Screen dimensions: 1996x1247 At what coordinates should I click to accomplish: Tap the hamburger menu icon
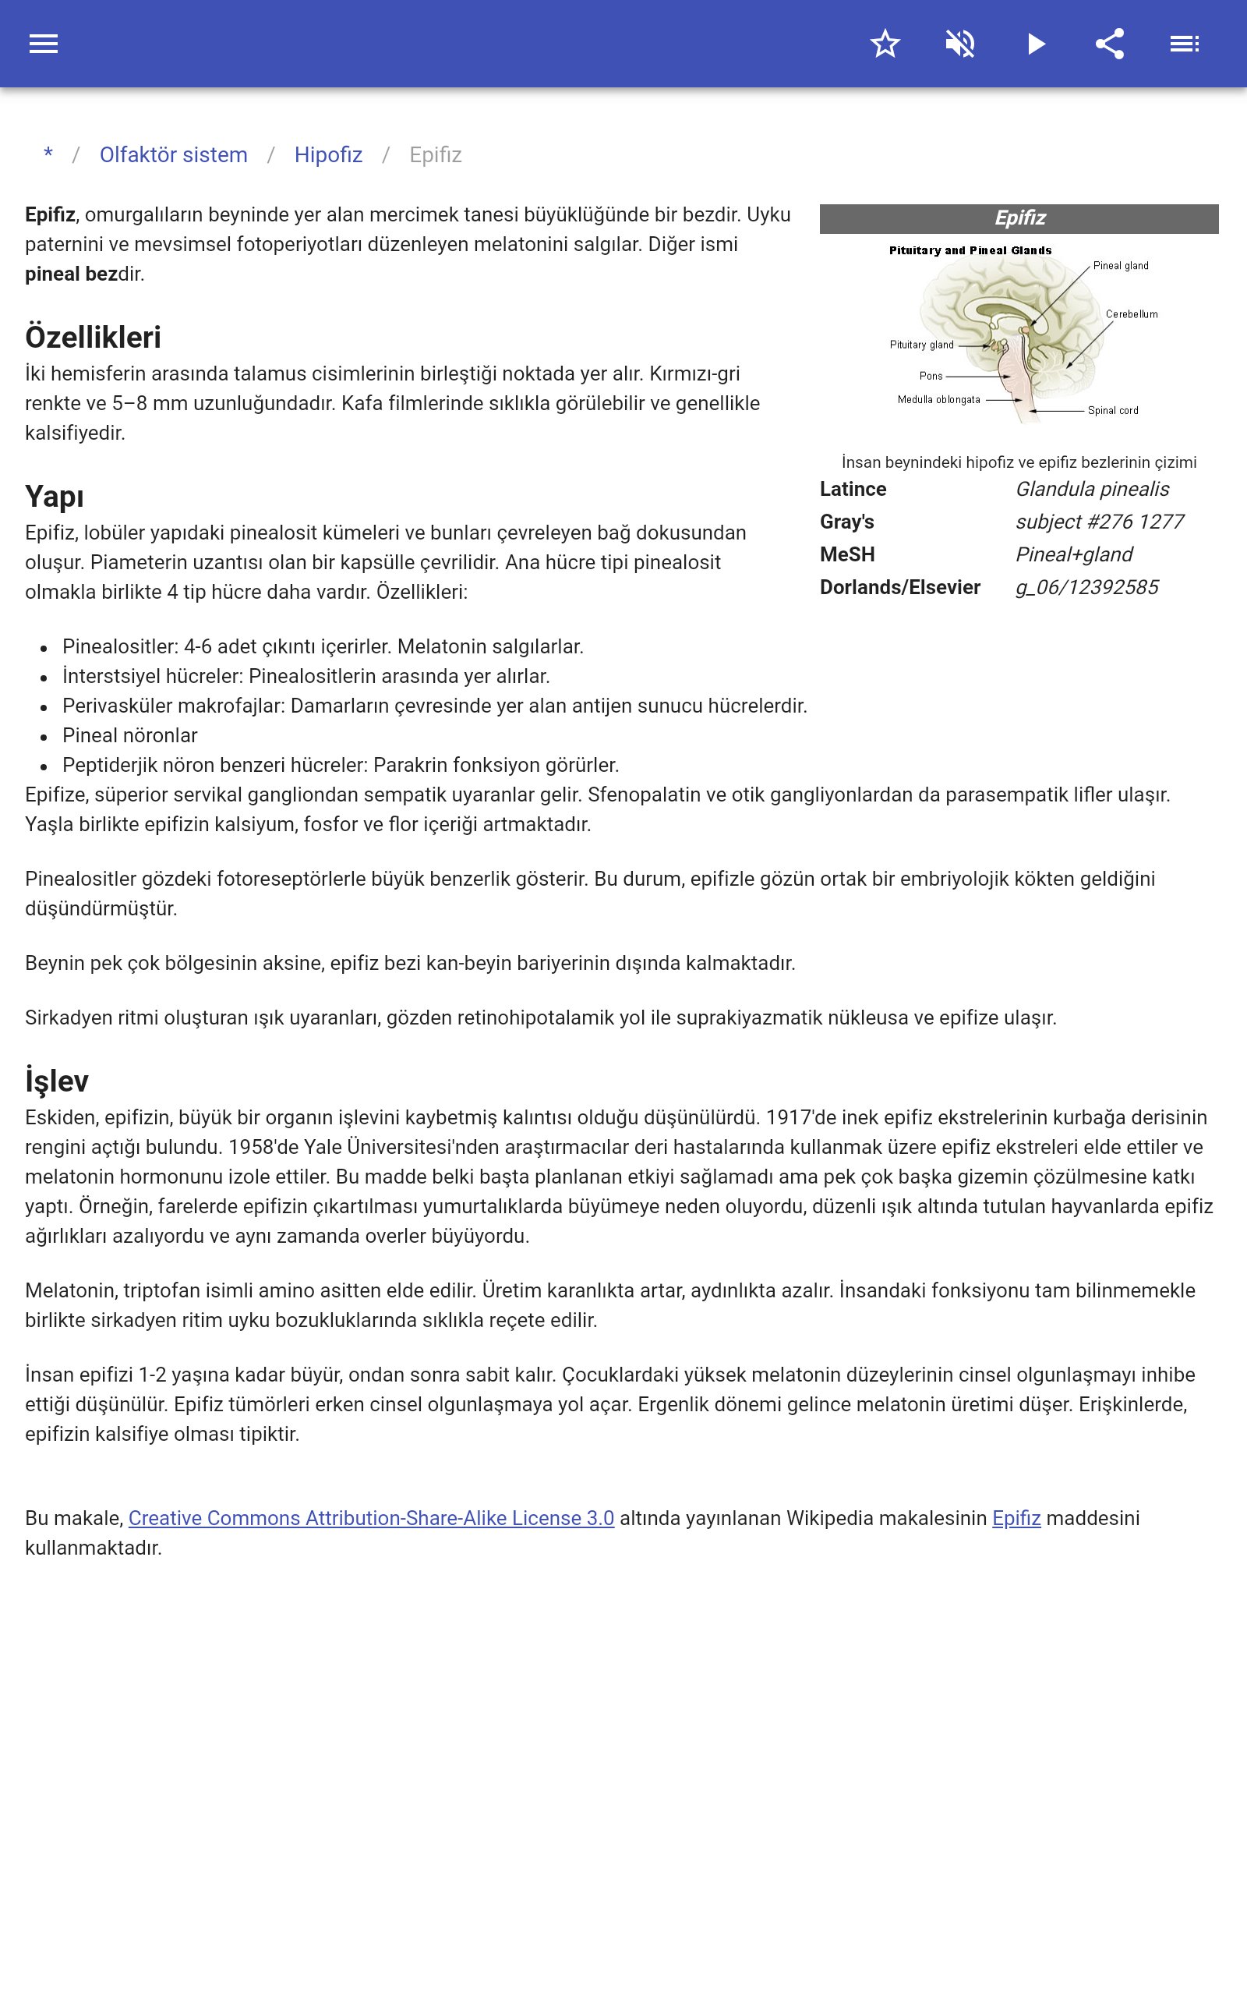tap(44, 44)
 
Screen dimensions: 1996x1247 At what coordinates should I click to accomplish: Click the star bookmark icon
tap(885, 44)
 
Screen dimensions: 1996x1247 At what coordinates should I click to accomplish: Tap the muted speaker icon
tap(960, 44)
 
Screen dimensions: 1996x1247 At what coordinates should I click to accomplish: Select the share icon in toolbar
tap(1109, 44)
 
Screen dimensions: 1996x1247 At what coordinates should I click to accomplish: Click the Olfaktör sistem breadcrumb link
tap(173, 155)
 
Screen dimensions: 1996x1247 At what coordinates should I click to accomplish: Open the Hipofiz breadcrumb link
tap(328, 155)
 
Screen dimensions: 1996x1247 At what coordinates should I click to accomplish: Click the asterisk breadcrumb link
tap(48, 154)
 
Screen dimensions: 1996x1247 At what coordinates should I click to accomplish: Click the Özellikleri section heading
tap(94, 338)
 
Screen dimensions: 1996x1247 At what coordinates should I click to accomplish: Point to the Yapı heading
tap(55, 497)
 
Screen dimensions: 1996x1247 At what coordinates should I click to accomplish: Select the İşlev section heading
tap(57, 1081)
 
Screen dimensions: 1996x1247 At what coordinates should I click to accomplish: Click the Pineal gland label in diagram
tap(1120, 266)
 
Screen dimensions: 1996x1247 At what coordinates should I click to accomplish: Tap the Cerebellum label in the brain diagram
tap(1132, 314)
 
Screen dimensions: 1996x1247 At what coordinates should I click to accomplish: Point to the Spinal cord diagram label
tap(1113, 411)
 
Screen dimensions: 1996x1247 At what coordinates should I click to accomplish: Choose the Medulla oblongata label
tap(938, 400)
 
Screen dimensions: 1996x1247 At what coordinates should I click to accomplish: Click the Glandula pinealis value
tap(1092, 489)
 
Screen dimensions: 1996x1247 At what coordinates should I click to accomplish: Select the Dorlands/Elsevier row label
tap(899, 587)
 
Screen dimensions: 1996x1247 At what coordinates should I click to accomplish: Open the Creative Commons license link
tap(371, 1519)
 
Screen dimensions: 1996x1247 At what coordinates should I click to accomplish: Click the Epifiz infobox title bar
tap(1019, 218)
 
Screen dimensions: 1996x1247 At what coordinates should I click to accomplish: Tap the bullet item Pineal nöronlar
tap(130, 736)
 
